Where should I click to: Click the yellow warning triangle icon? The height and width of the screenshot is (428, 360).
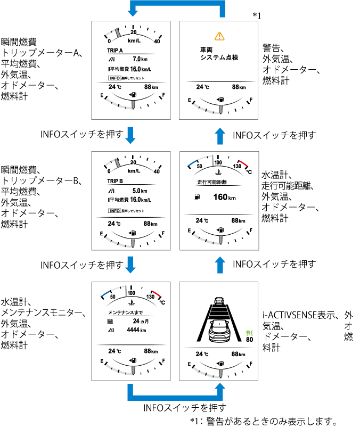coord(218,36)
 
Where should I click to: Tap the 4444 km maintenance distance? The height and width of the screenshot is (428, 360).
coord(136,330)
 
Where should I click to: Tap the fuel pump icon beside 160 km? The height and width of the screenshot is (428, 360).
coord(198,197)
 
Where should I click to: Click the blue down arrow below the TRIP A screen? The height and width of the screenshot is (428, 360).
coord(131,135)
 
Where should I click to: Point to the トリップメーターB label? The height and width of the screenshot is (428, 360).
coord(42,182)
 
